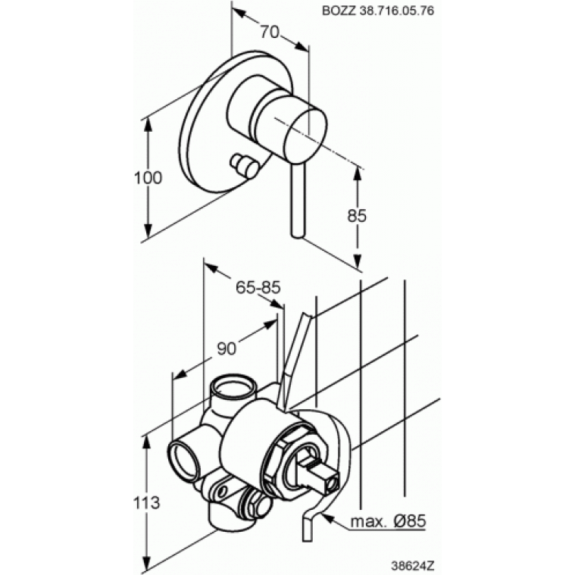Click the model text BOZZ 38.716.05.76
(378, 11)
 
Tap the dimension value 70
(270, 33)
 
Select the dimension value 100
(148, 178)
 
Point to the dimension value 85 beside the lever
(357, 216)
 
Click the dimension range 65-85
(258, 288)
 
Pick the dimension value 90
(227, 348)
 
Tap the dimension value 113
(146, 502)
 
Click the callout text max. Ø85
(388, 520)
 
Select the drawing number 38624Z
(413, 565)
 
